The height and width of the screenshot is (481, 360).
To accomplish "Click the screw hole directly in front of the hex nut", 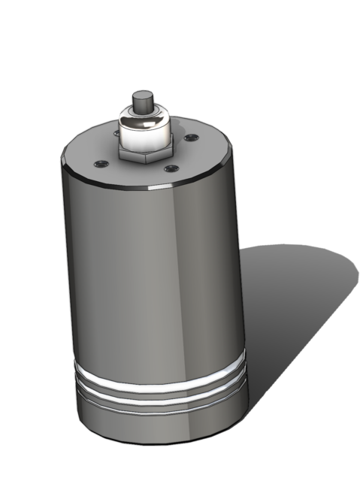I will click(172, 168).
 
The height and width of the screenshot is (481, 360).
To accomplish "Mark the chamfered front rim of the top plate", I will click(150, 187).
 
